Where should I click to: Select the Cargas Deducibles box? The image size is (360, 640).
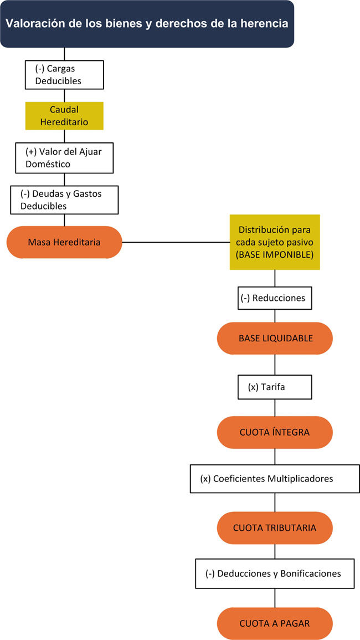[64, 75]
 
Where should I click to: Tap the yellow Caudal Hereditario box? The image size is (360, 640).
[64, 116]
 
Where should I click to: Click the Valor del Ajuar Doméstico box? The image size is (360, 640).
[64, 157]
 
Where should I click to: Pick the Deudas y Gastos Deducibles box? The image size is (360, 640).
[64, 199]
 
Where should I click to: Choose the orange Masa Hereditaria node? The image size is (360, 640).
[64, 242]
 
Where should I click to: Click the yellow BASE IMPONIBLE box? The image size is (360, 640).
[275, 242]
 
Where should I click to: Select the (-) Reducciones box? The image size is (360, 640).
[275, 298]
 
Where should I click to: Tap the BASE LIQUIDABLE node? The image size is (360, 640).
[275, 338]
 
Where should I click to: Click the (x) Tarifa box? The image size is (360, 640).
[275, 387]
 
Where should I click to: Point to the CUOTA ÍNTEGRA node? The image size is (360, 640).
[275, 432]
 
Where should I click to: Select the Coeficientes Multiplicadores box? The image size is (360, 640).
[275, 478]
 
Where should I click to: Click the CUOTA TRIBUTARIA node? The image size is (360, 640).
[275, 528]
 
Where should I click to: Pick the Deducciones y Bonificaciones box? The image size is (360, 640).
[275, 574]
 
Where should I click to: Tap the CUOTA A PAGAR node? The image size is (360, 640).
[275, 623]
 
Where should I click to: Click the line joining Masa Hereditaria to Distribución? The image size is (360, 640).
[176, 242]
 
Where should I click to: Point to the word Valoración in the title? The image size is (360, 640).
[31, 24]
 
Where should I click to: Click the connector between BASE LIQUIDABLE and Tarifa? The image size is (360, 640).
[275, 365]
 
